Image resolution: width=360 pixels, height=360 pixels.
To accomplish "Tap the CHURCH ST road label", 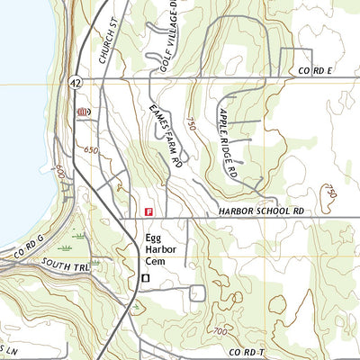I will point(111,45).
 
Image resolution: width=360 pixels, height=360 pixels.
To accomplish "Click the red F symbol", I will point(148,211).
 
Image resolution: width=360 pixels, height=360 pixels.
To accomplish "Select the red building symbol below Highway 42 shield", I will point(84,112).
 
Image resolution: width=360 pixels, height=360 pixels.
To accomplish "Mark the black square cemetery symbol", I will point(144,281).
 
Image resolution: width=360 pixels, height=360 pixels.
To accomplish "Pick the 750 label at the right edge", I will point(330,192).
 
